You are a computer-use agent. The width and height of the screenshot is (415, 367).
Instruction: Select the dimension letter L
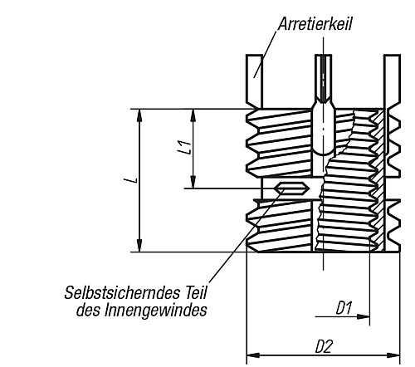[132, 179]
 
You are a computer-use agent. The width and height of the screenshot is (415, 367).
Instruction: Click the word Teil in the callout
[191, 293]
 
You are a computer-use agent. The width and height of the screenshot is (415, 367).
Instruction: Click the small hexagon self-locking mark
[292, 188]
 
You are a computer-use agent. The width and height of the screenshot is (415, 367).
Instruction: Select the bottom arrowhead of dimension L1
[194, 183]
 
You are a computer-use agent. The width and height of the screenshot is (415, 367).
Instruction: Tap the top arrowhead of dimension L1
[194, 114]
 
